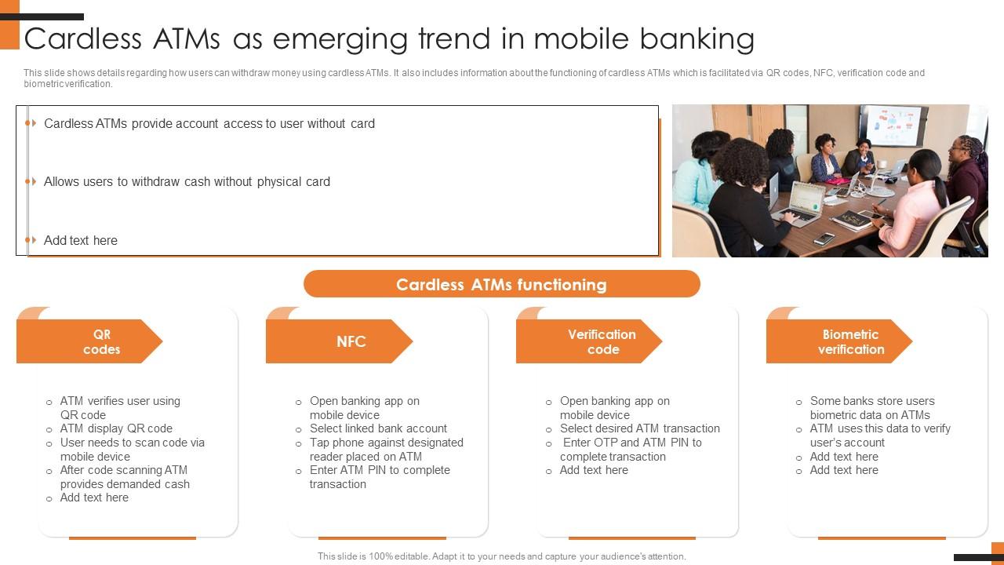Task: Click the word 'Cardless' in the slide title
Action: [x=83, y=38]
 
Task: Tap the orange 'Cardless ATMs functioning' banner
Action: [x=501, y=284]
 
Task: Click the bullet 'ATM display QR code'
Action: [x=116, y=428]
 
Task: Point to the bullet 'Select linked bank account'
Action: [x=378, y=428]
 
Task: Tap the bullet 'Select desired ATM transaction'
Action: [x=639, y=428]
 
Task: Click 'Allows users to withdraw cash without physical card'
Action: [x=187, y=181]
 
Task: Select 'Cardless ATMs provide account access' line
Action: [x=209, y=123]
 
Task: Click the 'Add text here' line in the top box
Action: [x=81, y=240]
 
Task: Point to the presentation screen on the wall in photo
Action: [x=892, y=124]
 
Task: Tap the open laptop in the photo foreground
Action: [x=798, y=201]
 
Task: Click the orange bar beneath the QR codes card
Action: [x=132, y=538]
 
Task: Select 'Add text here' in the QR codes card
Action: [x=94, y=498]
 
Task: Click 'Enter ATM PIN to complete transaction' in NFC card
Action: [x=380, y=477]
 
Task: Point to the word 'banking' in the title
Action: [x=697, y=38]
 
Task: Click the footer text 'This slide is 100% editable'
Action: [x=501, y=556]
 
